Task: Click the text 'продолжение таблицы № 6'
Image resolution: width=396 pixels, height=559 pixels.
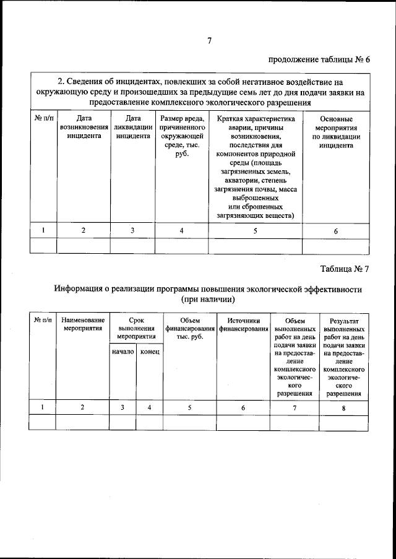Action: (x=319, y=60)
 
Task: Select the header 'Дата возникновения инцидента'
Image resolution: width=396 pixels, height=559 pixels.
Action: (x=84, y=128)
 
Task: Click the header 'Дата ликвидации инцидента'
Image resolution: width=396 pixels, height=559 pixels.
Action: (x=132, y=128)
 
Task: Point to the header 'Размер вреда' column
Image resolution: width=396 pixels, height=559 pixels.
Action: (x=182, y=136)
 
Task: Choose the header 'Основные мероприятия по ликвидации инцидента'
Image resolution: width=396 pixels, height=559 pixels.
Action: (x=336, y=132)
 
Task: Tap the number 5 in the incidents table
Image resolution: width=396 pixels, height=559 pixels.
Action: (x=256, y=230)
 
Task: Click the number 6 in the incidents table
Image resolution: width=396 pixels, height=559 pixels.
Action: (x=336, y=231)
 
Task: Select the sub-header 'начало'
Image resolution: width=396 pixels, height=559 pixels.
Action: (x=123, y=352)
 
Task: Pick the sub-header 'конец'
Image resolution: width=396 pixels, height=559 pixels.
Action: (x=149, y=352)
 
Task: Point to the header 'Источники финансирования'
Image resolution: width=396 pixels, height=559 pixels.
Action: (x=243, y=323)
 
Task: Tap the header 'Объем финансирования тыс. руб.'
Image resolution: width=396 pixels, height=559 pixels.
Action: (x=189, y=327)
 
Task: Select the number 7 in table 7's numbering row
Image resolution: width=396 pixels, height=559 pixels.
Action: (x=295, y=407)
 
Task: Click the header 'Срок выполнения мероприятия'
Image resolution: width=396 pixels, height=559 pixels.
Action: (x=136, y=327)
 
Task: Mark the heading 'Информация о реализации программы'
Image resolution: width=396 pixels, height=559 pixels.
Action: (x=207, y=289)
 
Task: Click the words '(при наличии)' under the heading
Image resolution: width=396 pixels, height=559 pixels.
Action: (x=207, y=300)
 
